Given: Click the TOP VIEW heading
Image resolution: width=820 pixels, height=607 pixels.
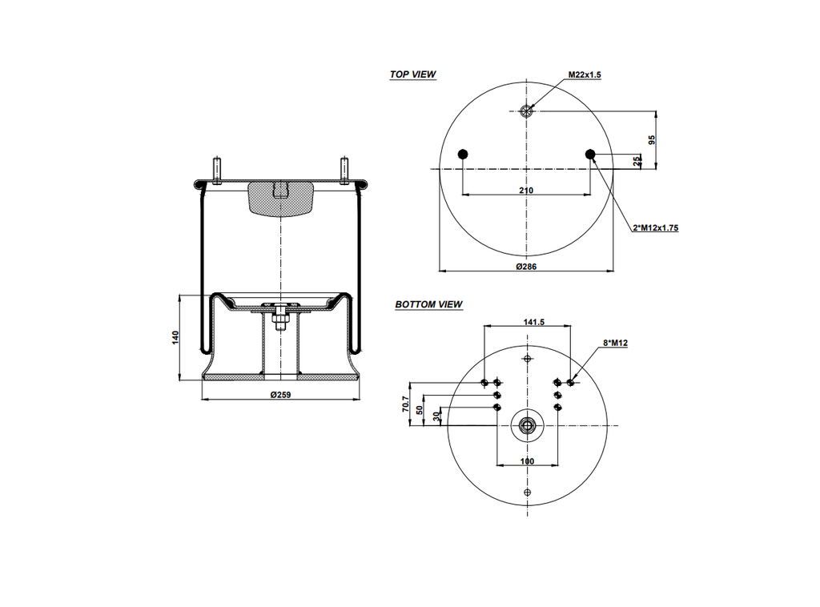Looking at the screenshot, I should pos(412,74).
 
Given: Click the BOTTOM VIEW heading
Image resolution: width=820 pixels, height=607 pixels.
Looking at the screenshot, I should pos(428,304).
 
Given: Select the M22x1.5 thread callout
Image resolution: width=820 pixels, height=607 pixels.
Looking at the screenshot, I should pos(585,74).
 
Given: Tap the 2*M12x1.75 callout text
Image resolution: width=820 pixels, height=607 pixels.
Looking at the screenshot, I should pos(655,228).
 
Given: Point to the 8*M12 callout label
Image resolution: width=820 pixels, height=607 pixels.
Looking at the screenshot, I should pos(614,344).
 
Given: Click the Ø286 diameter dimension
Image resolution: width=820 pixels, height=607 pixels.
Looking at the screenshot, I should pos(526,266).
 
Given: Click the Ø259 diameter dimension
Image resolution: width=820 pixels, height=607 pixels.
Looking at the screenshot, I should pos(280,395).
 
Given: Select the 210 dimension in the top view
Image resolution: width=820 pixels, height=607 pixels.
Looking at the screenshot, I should pos(526,191).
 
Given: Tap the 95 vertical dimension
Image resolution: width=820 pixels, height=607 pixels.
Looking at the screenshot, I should pos(653,139).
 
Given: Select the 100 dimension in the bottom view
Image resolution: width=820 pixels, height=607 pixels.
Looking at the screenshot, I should pos(527,461).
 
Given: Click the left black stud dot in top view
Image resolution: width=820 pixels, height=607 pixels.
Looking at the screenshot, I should pos(463,154).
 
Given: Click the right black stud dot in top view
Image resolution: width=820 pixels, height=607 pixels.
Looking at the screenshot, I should pos(590,154).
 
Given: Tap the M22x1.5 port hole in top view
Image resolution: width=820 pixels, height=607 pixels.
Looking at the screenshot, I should pos(526,111).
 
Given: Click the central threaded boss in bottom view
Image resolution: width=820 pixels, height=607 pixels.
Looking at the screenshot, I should pos(526,425).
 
